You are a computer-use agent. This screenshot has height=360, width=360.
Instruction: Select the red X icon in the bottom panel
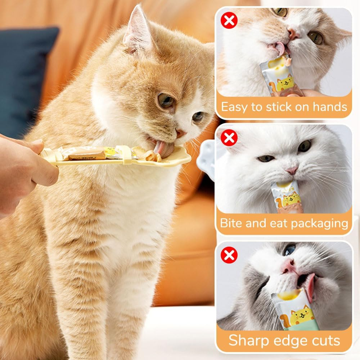[229, 255]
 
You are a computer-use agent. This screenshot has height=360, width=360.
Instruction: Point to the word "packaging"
[319, 224]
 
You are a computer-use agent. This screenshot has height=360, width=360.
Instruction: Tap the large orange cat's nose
[180, 134]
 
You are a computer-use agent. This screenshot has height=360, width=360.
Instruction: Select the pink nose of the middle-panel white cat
[292, 170]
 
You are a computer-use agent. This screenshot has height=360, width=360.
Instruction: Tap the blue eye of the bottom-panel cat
[289, 250]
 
